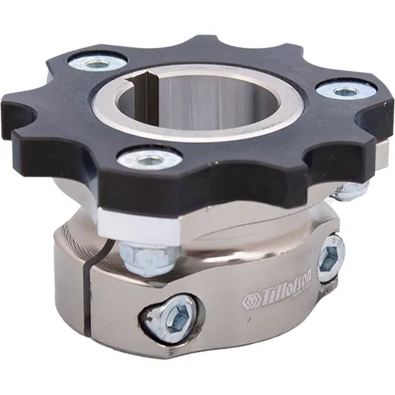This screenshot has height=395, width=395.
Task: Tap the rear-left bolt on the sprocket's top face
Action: click(96, 63)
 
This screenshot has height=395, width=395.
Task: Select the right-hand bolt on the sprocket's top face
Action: click(345, 92)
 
